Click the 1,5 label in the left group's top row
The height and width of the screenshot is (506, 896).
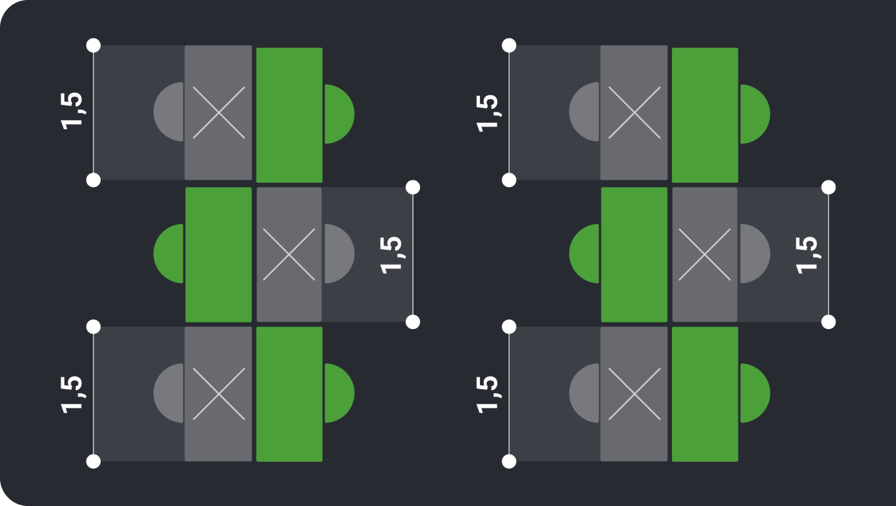coord(72,111)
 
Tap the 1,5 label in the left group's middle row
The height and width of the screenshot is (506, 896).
coord(391,255)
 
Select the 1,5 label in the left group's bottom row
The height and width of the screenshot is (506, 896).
coord(72,394)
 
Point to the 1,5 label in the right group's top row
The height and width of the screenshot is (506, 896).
coord(488,112)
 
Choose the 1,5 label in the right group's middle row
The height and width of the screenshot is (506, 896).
coord(807,255)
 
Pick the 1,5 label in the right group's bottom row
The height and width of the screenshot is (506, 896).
coord(488,394)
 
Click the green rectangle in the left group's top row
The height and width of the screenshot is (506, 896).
coord(289,115)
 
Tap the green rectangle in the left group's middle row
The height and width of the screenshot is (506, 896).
coord(218,254)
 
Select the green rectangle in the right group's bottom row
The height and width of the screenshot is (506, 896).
coord(705,394)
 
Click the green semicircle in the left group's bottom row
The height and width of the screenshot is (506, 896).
coord(338,393)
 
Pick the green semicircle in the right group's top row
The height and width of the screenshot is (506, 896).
coord(753,114)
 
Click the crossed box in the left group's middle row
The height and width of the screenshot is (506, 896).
coord(289,254)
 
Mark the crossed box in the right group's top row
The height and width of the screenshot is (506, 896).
coord(634,112)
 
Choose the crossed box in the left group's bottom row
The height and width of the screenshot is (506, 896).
coord(218,394)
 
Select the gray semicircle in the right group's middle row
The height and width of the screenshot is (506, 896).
coord(753,254)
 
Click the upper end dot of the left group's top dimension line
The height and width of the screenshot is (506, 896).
coord(93,45)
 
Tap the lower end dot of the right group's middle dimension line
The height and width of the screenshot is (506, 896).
coord(828,321)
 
